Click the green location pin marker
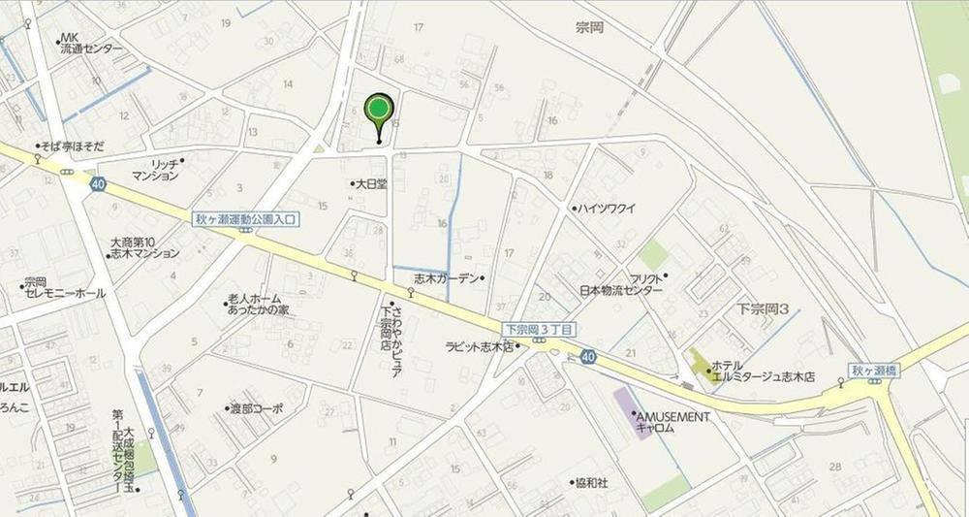(x=379, y=110)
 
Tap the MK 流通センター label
(x=89, y=44)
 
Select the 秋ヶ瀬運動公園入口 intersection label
(x=246, y=219)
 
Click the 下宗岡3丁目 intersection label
(x=538, y=330)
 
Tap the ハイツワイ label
(x=607, y=208)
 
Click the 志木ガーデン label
(x=447, y=278)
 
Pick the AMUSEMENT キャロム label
(x=672, y=422)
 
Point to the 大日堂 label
(x=371, y=182)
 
